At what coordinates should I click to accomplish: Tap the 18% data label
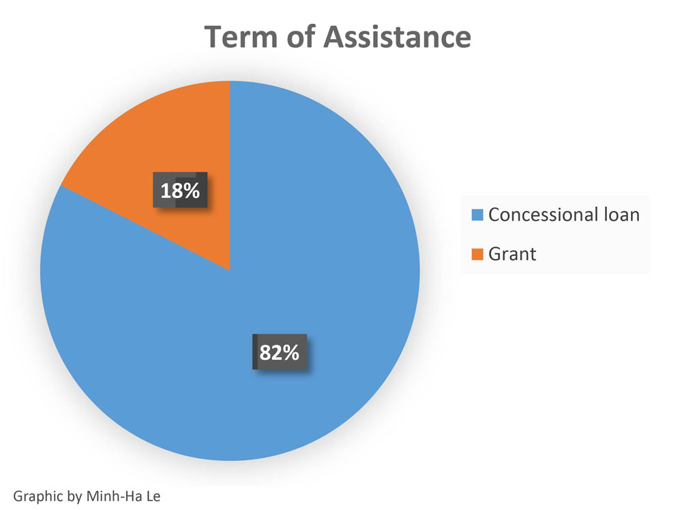tap(180, 191)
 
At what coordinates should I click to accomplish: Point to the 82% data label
tap(279, 353)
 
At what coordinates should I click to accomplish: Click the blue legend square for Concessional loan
tap(477, 215)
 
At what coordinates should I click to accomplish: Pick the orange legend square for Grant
tap(477, 255)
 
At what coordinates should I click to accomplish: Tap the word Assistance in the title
tap(396, 37)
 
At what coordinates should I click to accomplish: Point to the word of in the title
tap(301, 37)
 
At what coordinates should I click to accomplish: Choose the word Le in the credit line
tap(151, 495)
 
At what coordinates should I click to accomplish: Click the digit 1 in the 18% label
tap(166, 191)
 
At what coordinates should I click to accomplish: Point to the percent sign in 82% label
tap(291, 353)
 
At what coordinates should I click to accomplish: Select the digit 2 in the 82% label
tap(275, 353)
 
